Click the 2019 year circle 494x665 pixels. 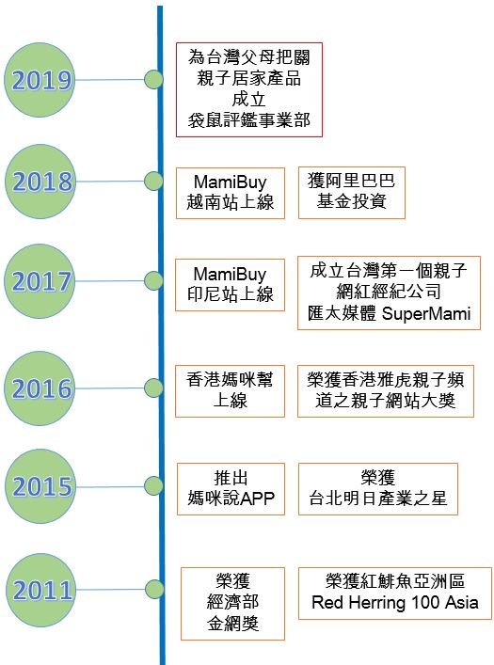point(40,80)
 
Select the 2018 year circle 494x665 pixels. point(40,182)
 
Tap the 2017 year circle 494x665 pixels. point(40,281)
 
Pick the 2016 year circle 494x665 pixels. point(40,388)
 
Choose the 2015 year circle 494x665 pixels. point(40,486)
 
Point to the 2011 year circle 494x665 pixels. point(41,590)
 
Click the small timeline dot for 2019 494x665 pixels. point(153,79)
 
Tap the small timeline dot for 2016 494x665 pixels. point(153,388)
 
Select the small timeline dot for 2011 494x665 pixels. point(154,589)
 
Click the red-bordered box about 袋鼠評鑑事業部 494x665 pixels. point(249,89)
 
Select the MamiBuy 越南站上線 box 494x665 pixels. point(230,193)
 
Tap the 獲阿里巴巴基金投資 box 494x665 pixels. point(351,193)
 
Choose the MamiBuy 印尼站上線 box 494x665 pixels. point(230,285)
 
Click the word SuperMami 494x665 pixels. point(426,314)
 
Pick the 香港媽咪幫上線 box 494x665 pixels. point(230,391)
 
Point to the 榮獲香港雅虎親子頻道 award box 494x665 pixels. point(386,391)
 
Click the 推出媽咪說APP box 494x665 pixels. point(231,489)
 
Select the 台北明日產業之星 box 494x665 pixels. point(377,489)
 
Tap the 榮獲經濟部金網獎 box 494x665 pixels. point(232,604)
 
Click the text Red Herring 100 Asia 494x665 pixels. point(394,602)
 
